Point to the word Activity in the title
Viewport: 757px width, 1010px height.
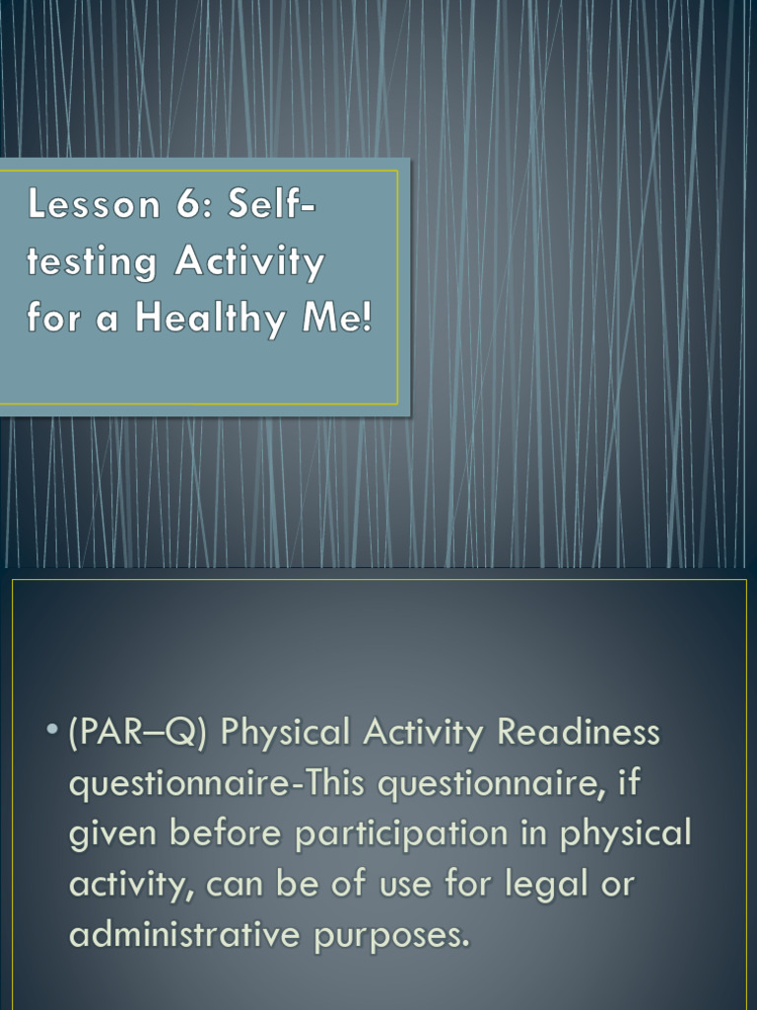coord(249,263)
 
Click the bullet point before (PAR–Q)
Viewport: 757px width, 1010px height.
coord(50,733)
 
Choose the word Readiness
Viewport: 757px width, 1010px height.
coord(578,734)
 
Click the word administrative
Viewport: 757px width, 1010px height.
coord(184,934)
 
